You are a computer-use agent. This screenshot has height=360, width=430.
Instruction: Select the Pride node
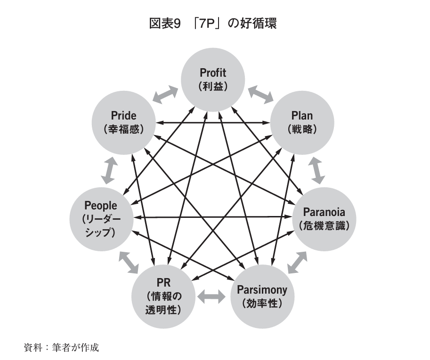point(123,121)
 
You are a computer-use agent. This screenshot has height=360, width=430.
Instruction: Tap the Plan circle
point(302,121)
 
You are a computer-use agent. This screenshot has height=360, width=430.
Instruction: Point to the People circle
point(101,218)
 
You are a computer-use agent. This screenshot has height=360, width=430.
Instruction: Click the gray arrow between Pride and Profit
point(166,94)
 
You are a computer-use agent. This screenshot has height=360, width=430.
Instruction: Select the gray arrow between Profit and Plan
point(260,93)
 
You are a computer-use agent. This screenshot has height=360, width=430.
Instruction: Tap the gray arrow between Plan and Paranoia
point(317,170)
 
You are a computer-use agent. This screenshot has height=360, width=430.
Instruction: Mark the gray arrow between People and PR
point(128,262)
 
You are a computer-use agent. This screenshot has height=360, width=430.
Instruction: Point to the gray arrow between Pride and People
point(109,170)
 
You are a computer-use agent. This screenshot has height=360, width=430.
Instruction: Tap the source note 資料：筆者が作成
point(62,348)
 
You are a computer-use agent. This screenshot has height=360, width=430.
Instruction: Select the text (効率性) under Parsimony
point(261,303)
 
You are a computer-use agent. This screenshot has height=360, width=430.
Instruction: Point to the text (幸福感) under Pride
point(123,129)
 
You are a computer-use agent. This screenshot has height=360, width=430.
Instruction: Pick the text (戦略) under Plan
point(302,129)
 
